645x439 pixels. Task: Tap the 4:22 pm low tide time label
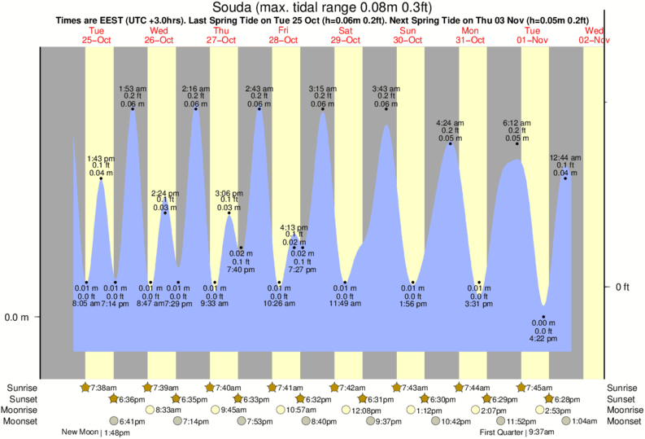click(x=543, y=339)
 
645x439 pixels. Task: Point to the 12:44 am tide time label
click(x=564, y=157)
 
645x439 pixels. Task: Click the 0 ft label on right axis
click(x=622, y=287)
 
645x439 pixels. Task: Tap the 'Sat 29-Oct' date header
click(x=346, y=35)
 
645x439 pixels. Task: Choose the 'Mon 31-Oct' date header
click(x=472, y=35)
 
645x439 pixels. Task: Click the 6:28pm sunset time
click(x=567, y=399)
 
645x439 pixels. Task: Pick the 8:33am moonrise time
click(x=168, y=410)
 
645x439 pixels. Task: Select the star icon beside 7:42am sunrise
click(x=334, y=387)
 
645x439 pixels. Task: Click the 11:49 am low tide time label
click(x=345, y=305)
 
